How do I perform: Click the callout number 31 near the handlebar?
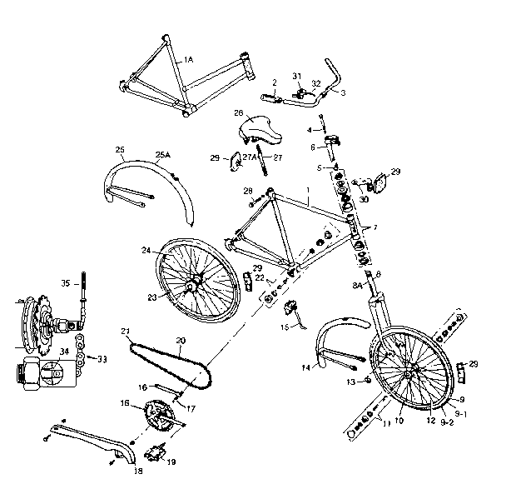298,77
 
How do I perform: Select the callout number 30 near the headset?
363,200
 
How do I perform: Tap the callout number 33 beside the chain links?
102,360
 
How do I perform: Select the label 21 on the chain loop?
126,332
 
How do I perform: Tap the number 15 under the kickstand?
285,327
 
